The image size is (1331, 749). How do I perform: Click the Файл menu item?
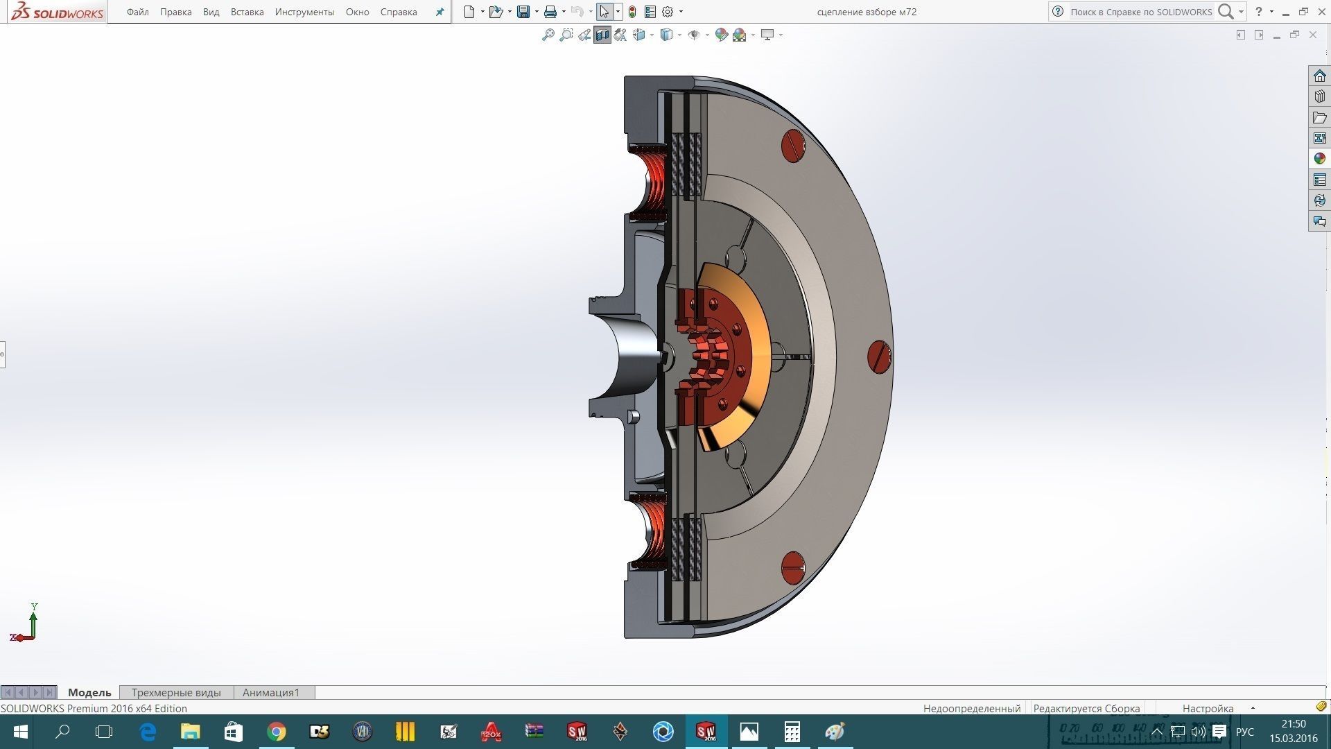click(137, 12)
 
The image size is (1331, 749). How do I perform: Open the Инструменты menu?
click(304, 12)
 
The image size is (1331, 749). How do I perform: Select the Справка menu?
click(399, 12)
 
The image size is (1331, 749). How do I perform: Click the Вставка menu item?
click(247, 12)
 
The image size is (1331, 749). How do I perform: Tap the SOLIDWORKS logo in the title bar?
click(58, 12)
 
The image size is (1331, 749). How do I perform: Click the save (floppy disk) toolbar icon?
click(523, 12)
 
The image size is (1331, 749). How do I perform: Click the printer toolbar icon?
click(550, 12)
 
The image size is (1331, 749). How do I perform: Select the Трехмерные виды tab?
click(176, 692)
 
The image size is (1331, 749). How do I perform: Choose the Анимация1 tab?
click(271, 692)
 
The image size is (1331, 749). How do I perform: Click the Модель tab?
click(89, 692)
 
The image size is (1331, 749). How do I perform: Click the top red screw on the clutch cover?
click(793, 146)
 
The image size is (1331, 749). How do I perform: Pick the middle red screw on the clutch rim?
click(879, 357)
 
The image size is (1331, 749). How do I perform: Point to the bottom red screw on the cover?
click(792, 568)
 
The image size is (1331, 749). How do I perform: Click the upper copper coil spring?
click(652, 182)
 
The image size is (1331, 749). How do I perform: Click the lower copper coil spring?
click(652, 531)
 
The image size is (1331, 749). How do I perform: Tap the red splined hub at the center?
click(711, 357)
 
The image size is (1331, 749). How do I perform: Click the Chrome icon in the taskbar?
click(277, 732)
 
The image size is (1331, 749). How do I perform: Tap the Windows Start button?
click(20, 732)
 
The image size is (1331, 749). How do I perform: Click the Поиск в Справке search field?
click(1140, 12)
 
